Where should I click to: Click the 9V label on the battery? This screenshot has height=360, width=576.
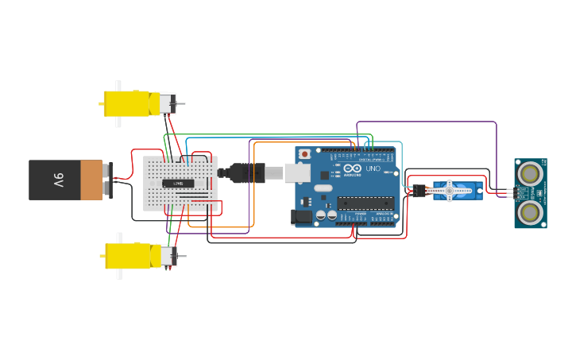59,180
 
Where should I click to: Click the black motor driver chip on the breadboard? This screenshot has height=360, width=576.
179,184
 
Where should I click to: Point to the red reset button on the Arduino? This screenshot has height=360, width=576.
304,154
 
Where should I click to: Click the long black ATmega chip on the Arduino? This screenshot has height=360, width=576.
365,203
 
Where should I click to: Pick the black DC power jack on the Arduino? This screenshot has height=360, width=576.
302,215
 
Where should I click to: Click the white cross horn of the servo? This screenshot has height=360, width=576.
449,190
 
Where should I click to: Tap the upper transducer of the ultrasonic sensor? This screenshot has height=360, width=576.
530,172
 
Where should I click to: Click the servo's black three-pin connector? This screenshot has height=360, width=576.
419,191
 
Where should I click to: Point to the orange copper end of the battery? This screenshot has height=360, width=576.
91,180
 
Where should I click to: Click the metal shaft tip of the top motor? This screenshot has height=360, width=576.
183,104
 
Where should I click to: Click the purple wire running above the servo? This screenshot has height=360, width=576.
429,122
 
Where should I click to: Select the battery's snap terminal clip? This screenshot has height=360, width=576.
108,180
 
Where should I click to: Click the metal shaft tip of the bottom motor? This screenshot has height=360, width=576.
183,257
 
